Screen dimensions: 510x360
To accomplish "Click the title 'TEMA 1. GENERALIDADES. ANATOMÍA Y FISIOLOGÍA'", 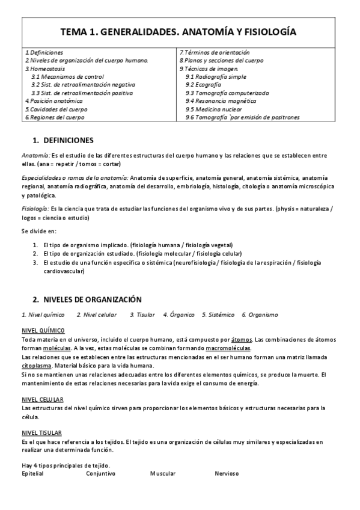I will (x=180, y=32).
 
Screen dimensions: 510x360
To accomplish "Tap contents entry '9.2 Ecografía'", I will (x=208, y=85).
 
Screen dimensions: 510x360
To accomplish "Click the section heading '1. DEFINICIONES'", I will (x=63, y=141).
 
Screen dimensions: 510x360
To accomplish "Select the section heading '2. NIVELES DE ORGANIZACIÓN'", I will (x=87, y=299).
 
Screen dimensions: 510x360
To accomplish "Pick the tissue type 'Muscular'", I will (x=163, y=473).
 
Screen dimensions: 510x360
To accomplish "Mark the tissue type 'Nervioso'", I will (x=227, y=473).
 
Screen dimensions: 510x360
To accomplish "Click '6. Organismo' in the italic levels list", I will (x=260, y=315).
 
